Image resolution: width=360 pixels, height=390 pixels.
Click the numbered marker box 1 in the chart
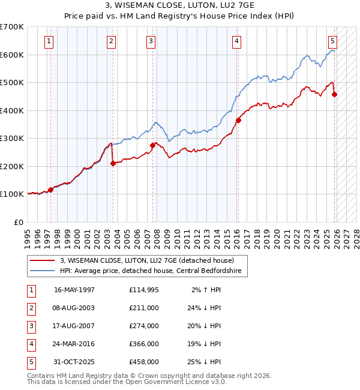[x=49, y=41]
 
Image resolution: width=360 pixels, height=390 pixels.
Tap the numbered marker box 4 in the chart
[x=237, y=41]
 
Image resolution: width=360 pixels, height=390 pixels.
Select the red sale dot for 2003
[x=113, y=163]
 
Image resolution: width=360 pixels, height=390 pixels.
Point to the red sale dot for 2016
[x=238, y=120]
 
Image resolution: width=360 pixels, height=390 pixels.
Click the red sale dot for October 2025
[x=334, y=94]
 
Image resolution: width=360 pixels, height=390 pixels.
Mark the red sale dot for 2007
[x=152, y=145]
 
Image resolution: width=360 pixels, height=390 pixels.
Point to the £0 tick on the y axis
[x=18, y=222]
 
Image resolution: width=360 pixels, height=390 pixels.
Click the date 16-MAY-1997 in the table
[x=74, y=290]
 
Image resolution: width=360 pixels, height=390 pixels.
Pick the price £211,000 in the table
[x=144, y=308]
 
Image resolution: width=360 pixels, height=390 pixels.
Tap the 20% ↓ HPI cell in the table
[x=206, y=326]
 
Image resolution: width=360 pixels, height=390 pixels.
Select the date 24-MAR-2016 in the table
[x=74, y=344]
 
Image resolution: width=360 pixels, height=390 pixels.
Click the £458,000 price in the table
[x=144, y=362]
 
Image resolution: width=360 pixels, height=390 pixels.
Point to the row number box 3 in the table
[x=31, y=326]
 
